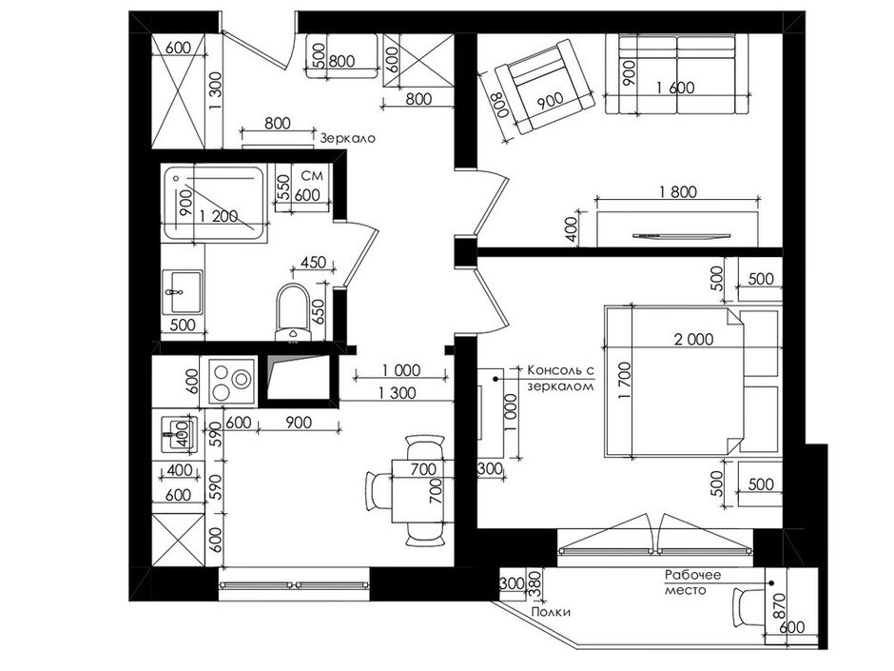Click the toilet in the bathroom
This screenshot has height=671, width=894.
(293, 312)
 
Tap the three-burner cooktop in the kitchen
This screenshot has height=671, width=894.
(233, 381)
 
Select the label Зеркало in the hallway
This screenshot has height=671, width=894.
(348, 138)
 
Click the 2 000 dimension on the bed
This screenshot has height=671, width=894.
(693, 340)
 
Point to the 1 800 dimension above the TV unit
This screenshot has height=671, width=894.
(677, 191)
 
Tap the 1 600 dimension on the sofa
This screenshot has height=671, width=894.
(675, 88)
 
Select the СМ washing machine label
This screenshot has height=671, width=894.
(312, 175)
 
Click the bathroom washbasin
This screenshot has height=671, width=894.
(182, 292)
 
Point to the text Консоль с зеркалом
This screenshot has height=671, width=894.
(561, 378)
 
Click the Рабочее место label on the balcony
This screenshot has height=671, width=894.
(692, 582)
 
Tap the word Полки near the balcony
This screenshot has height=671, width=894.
(551, 612)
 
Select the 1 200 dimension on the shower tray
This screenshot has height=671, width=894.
(219, 216)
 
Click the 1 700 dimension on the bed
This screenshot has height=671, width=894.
(626, 380)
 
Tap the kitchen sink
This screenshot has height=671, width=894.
(180, 434)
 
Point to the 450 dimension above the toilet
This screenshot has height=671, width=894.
(313, 263)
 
